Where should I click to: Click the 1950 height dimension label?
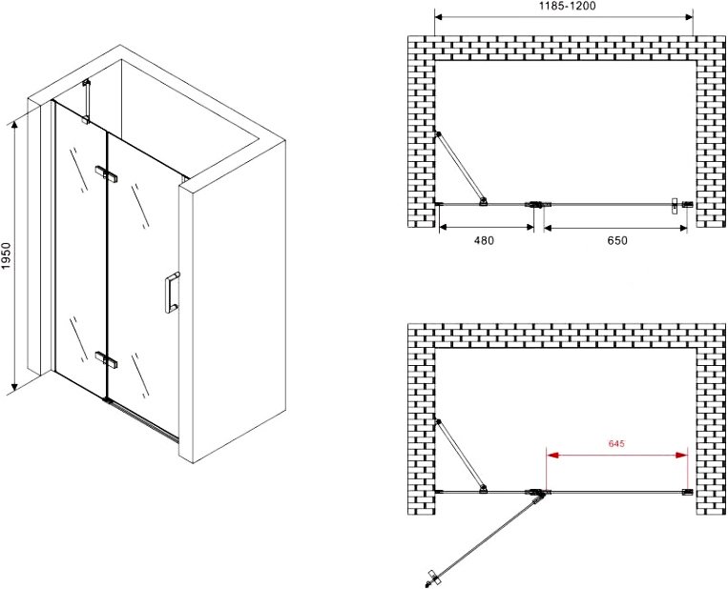pos(7,255)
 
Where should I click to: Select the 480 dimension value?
pos(484,240)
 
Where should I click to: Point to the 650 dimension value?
pos(616,240)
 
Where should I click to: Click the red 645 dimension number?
pos(616,443)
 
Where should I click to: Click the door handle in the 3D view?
pos(172,293)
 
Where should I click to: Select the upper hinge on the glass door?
pos(106,173)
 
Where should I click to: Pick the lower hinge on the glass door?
pos(106,359)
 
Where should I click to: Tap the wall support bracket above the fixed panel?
pos(86,103)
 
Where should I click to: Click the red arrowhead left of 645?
pos(552,455)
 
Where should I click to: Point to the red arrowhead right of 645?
pos(682,455)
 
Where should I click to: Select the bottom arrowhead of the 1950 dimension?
pos(14,385)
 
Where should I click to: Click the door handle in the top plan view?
pos(675,206)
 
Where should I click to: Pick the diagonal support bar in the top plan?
pos(460,168)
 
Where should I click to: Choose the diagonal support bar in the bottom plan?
pos(460,456)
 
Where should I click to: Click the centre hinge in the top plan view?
pos(537,204)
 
